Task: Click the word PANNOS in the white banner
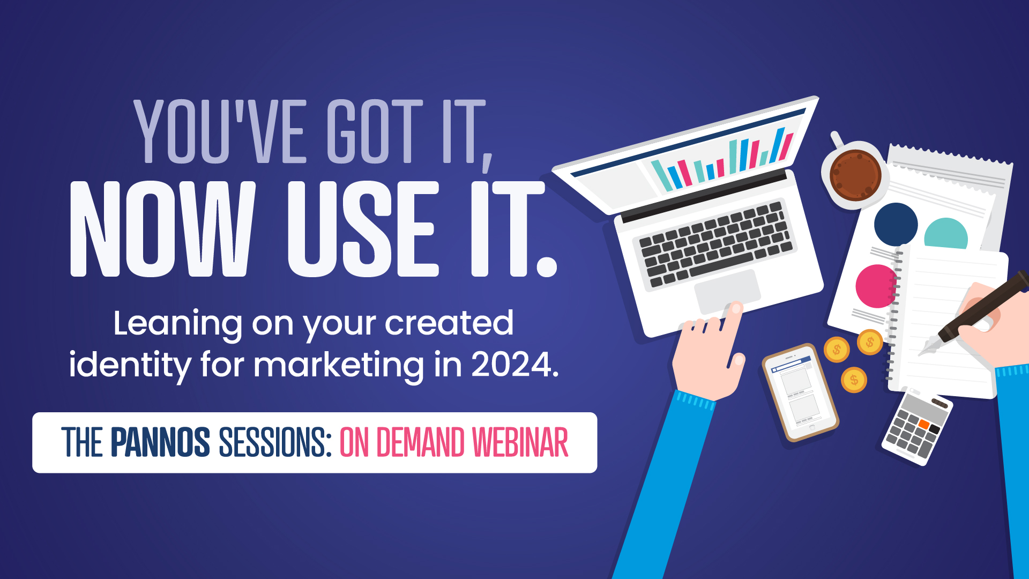[x=160, y=443]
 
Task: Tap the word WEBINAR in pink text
[x=520, y=443]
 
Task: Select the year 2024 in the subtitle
[x=512, y=365]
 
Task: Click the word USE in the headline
[x=363, y=229]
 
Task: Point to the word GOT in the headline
[x=375, y=131]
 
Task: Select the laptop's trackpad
[x=727, y=292]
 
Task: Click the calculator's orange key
[x=923, y=425]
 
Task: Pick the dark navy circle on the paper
[x=896, y=224]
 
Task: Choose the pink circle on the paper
[x=875, y=286]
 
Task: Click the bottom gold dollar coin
[x=854, y=380]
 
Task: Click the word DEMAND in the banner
[x=420, y=443]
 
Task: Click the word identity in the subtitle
[x=130, y=366]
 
